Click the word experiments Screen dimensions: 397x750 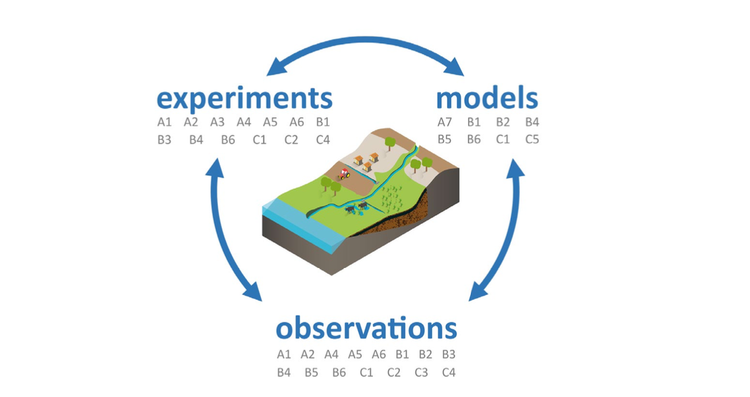click(x=244, y=99)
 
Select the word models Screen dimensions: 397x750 click(x=487, y=99)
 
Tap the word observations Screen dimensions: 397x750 click(x=366, y=329)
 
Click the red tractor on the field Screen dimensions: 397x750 click(x=344, y=174)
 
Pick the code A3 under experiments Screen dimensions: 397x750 click(x=217, y=122)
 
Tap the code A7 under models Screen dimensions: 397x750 click(x=444, y=122)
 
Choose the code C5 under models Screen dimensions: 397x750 click(x=532, y=140)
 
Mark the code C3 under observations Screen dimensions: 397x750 click(x=422, y=371)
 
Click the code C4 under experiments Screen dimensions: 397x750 click(x=323, y=140)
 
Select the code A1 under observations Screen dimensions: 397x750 click(x=284, y=354)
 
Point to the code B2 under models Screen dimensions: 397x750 click(x=502, y=122)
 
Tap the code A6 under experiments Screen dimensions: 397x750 click(x=297, y=122)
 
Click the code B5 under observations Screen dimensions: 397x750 click(x=311, y=371)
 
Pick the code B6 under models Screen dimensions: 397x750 click(x=473, y=140)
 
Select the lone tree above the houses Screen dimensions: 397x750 click(x=389, y=142)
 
